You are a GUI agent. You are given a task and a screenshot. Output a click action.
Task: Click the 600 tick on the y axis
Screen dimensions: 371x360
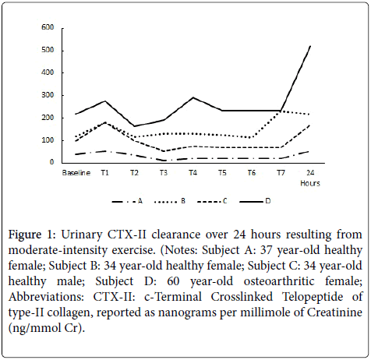[x=48, y=27]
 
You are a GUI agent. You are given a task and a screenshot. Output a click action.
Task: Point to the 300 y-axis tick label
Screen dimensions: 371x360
[x=48, y=95]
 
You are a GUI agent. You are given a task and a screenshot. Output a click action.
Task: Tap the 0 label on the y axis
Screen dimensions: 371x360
[x=51, y=162]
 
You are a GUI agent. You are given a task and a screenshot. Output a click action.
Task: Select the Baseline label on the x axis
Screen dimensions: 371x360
[x=76, y=173]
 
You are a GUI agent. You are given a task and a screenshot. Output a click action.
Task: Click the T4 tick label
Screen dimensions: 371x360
[x=193, y=173]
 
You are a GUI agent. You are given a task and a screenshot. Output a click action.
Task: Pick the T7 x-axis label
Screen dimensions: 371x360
[x=281, y=173]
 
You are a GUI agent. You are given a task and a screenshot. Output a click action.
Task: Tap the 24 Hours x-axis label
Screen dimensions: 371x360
[x=310, y=178]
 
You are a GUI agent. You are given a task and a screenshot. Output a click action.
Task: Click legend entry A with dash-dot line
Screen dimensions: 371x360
[x=127, y=201]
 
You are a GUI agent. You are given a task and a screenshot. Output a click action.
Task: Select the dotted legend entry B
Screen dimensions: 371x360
[x=170, y=201]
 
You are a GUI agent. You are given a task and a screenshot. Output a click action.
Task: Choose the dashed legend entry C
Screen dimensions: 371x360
[x=212, y=201]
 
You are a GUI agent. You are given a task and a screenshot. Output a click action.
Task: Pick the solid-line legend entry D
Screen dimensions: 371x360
[x=255, y=201]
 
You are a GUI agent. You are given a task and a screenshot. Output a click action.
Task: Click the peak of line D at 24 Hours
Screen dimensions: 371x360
[x=310, y=46]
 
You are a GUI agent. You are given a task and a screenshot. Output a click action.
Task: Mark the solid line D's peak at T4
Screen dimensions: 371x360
[x=193, y=97]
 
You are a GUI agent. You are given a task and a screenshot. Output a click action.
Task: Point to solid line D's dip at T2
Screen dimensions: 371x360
[x=134, y=126]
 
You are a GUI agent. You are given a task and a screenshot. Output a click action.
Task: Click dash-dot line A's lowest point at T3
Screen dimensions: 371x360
[x=164, y=161]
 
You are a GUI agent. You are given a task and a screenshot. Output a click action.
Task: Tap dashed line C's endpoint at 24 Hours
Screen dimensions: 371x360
[x=309, y=125]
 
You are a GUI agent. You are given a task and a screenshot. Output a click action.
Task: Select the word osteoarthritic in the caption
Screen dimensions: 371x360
[x=279, y=281]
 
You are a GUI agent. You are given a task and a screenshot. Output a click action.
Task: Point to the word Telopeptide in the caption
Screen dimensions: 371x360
[x=313, y=298]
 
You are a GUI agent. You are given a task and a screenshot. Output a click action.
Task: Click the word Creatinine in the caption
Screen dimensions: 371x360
[x=334, y=312]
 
